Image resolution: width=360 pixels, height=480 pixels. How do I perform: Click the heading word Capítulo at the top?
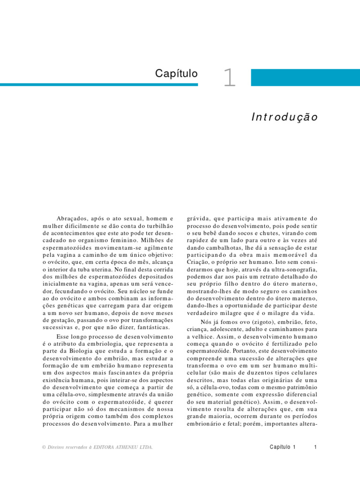(177, 74)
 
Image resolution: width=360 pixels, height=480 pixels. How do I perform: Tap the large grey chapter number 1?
(229, 78)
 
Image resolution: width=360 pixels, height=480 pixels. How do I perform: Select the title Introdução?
(285, 117)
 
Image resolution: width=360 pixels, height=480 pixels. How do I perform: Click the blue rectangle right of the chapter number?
(305, 77)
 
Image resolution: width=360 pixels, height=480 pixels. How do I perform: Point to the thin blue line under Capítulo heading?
(98, 85)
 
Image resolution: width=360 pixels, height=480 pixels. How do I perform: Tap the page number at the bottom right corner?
(316, 447)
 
